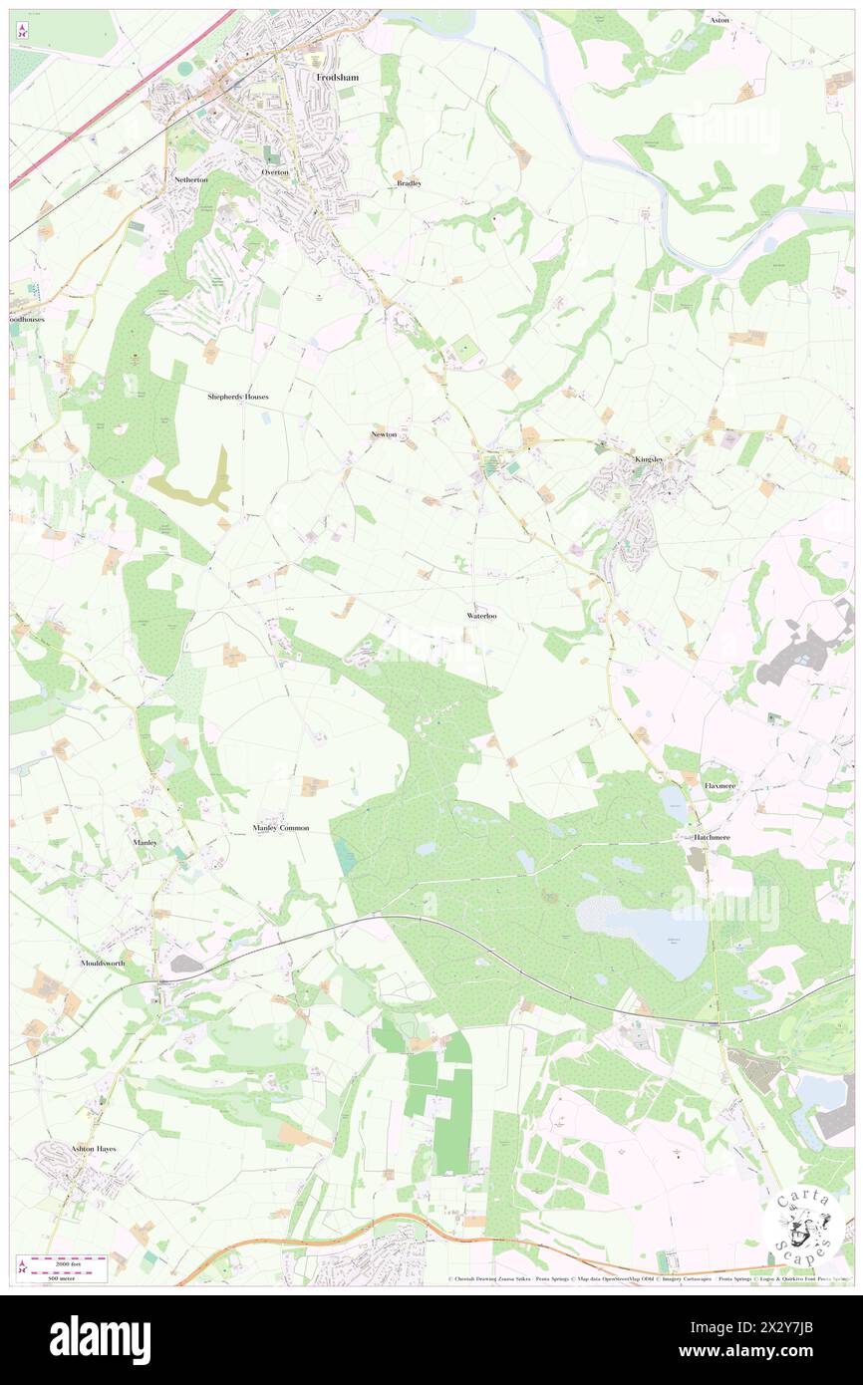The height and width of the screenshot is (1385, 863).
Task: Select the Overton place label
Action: [275, 172]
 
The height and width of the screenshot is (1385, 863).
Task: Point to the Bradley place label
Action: [409, 183]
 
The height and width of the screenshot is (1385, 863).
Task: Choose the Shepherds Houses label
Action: [238, 397]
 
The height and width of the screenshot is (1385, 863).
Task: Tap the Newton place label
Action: [384, 434]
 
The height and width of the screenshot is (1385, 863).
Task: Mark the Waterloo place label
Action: [481, 616]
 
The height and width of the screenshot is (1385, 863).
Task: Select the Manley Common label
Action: [281, 828]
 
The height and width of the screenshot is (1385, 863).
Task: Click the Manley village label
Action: [144, 842]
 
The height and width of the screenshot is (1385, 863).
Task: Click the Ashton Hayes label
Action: [93, 1148]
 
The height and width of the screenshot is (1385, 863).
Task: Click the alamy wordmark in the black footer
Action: [100, 1339]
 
